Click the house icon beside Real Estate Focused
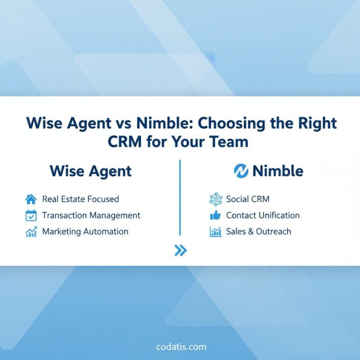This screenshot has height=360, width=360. [x=31, y=199]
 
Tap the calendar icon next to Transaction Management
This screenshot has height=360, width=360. [x=31, y=216]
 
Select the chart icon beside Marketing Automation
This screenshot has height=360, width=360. [x=31, y=232]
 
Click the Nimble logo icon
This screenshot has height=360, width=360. [x=241, y=171]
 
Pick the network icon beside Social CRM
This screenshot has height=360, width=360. [x=216, y=199]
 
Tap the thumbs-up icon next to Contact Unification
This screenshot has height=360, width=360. [x=216, y=216]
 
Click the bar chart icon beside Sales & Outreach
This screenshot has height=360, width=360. [x=216, y=232]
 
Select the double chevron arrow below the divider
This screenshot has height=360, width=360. [x=180, y=251]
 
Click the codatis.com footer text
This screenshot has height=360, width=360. [x=181, y=347]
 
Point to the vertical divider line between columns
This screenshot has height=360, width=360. [x=180, y=197]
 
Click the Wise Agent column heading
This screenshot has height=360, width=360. [x=91, y=171]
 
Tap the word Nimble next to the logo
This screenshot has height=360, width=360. [x=278, y=171]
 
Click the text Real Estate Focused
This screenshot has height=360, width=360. [x=80, y=199]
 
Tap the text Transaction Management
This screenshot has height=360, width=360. [x=91, y=216]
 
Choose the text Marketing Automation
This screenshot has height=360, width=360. [x=85, y=232]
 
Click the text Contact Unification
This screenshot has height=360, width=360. [x=263, y=216]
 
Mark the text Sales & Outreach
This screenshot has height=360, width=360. [x=258, y=232]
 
